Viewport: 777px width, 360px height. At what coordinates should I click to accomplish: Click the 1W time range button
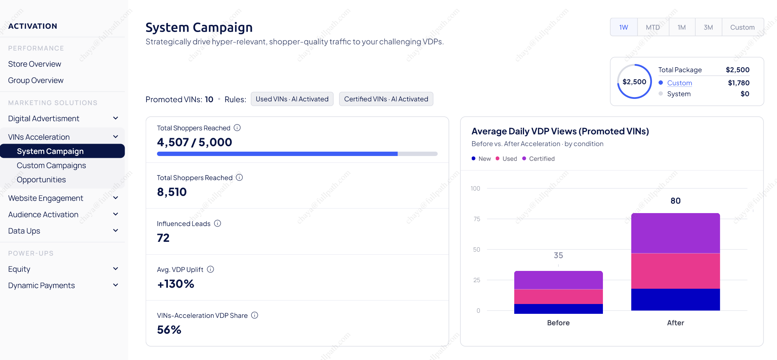(x=624, y=27)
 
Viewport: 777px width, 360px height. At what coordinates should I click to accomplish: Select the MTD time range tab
(x=653, y=27)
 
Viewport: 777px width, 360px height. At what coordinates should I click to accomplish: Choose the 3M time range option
(x=708, y=27)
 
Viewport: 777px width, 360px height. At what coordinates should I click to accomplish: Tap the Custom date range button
(x=742, y=27)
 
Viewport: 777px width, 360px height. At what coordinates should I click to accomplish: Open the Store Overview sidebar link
(x=35, y=64)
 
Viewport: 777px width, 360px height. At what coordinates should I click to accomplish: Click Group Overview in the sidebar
(x=36, y=80)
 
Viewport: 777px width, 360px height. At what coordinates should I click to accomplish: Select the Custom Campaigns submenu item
(x=51, y=165)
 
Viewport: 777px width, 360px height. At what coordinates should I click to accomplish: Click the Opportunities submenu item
(x=41, y=180)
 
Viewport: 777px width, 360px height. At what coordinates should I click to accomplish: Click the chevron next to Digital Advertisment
(x=116, y=118)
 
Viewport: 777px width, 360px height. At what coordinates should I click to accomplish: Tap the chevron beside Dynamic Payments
(x=116, y=285)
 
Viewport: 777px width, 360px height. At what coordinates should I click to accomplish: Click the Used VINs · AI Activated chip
(x=292, y=99)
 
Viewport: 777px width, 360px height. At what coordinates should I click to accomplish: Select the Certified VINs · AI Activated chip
(x=386, y=99)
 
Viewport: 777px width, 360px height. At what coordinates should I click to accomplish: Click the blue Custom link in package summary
(x=680, y=83)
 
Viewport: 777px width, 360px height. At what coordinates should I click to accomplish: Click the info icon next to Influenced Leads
(x=217, y=223)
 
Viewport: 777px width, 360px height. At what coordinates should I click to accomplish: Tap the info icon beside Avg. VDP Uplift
(x=210, y=269)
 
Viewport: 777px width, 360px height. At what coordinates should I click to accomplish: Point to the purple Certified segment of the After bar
(x=676, y=233)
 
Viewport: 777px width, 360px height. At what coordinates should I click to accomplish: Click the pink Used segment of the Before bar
(x=559, y=297)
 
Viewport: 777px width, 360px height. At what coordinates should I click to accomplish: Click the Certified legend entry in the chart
(x=539, y=159)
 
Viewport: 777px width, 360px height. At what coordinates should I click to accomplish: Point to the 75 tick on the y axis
(x=477, y=219)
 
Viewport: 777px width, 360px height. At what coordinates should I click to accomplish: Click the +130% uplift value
(x=176, y=284)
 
